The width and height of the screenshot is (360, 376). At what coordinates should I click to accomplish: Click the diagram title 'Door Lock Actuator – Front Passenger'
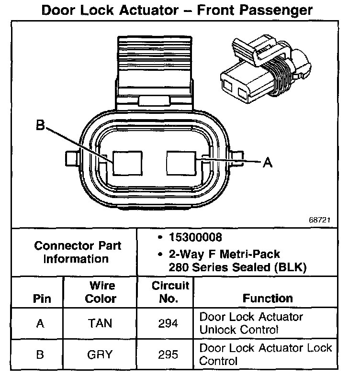(x=177, y=10)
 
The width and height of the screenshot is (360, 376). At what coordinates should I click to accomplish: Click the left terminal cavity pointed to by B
(x=127, y=165)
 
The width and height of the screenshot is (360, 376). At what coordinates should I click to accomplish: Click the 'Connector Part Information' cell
(x=78, y=252)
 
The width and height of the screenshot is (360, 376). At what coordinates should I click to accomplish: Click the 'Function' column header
(x=268, y=298)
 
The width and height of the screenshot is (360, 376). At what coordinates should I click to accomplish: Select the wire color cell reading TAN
(x=101, y=324)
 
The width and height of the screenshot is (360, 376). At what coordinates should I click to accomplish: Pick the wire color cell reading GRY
(x=100, y=355)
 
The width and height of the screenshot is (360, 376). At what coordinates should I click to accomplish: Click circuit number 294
(x=168, y=324)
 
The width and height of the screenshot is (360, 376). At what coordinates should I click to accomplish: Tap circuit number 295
(x=168, y=355)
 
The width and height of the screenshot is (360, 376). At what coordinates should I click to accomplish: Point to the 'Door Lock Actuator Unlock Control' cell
(x=251, y=323)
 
